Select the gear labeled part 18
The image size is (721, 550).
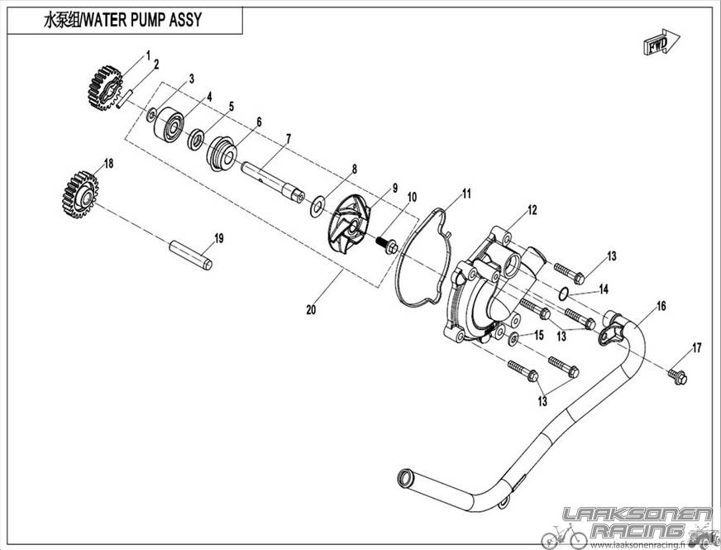click(x=80, y=195)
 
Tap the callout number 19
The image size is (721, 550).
click(x=218, y=238)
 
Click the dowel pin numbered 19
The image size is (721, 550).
click(x=192, y=254)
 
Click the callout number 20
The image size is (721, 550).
click(x=311, y=311)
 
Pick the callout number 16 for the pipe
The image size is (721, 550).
click(x=661, y=306)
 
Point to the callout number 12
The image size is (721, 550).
click(x=532, y=210)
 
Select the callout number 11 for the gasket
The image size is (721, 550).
click(x=466, y=194)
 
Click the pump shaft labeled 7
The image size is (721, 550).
click(x=273, y=177)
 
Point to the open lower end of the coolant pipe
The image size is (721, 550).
click(x=405, y=477)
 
